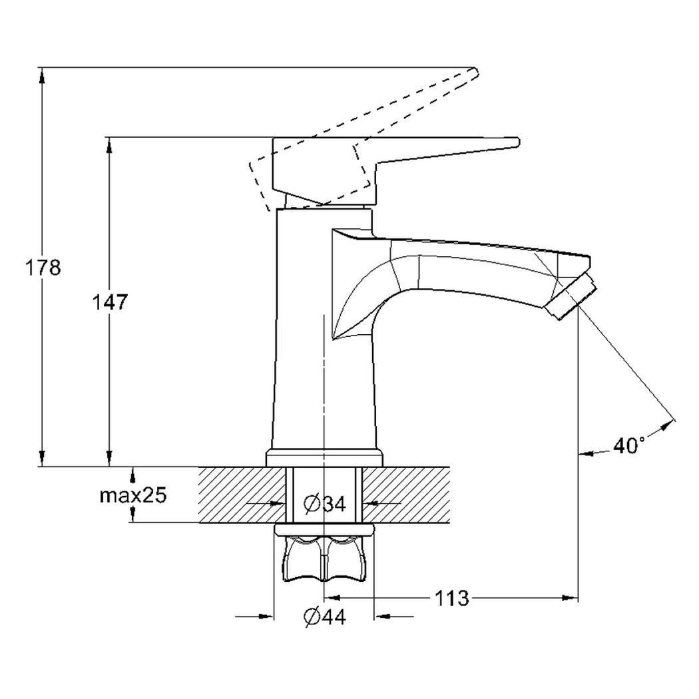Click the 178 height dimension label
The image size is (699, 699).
pyautogui.click(x=43, y=268)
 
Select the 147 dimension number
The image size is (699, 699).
pyautogui.click(x=110, y=302)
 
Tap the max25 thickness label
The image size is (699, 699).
pyautogui.click(x=133, y=495)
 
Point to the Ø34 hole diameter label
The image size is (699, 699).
pyautogui.click(x=325, y=504)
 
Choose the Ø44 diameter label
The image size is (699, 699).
pyautogui.click(x=325, y=616)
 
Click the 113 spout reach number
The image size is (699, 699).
pyautogui.click(x=451, y=598)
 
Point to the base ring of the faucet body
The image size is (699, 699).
pyautogui.click(x=325, y=458)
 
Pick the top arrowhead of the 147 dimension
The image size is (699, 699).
pyautogui.click(x=109, y=145)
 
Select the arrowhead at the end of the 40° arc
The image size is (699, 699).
pyautogui.click(x=666, y=425)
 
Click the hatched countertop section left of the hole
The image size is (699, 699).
pyautogui.click(x=242, y=495)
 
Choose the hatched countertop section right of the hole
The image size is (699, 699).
pyautogui.click(x=406, y=495)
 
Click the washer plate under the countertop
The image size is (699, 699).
pyautogui.click(x=325, y=529)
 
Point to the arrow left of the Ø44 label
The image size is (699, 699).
pyautogui.click(x=254, y=616)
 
